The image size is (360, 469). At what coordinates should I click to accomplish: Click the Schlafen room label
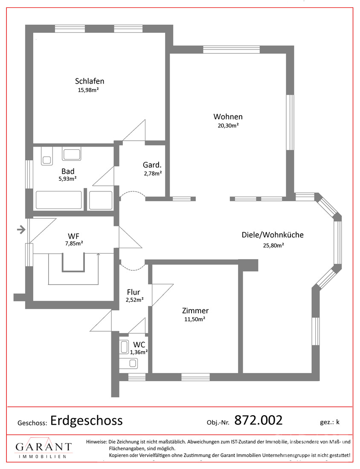(90, 81)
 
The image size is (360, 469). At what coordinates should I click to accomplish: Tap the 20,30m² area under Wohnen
(228, 126)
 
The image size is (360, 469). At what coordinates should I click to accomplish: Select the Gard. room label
(152, 165)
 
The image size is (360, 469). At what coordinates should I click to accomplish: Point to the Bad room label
(68, 171)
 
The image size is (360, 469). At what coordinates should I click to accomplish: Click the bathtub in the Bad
(59, 200)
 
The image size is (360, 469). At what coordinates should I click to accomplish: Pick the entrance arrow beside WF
(21, 230)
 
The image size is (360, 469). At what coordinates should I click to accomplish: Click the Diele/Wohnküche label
(273, 235)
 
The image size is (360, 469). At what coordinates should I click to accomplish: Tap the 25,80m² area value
(273, 246)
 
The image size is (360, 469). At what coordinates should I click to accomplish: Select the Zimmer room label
(195, 311)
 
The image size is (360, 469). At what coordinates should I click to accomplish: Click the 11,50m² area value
(195, 319)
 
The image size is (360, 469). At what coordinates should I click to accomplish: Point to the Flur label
(134, 292)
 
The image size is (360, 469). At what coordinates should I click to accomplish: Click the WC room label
(139, 345)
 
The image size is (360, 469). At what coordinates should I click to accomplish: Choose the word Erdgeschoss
(87, 420)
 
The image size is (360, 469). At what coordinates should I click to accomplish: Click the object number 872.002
(258, 420)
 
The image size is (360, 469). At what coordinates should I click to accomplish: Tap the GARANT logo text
(44, 447)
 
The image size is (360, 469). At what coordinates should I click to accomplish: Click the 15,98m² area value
(88, 90)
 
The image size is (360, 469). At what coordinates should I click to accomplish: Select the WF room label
(74, 237)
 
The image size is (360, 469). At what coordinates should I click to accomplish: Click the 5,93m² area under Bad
(68, 179)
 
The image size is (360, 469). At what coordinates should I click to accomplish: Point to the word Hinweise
(96, 441)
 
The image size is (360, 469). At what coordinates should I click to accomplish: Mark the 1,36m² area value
(139, 352)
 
